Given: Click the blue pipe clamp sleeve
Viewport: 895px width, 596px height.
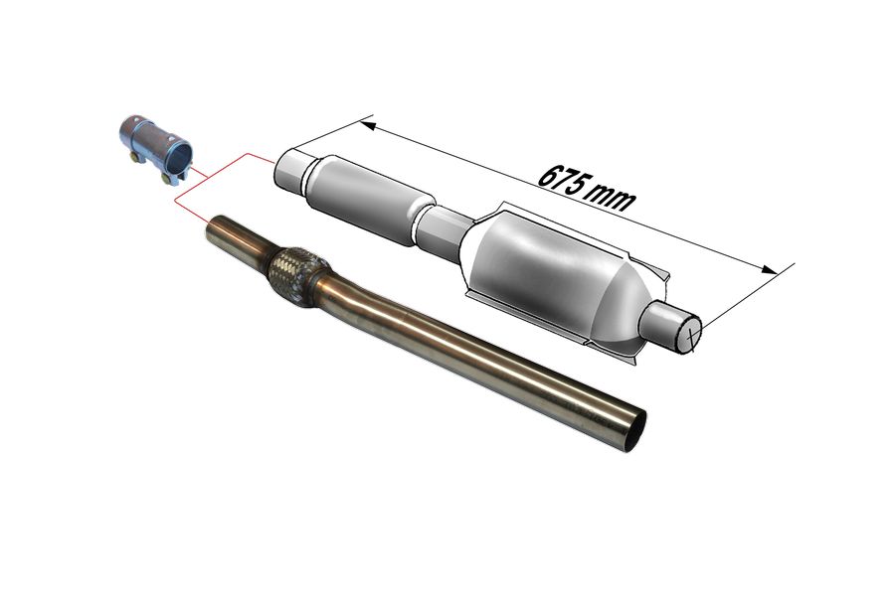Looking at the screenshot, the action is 154,148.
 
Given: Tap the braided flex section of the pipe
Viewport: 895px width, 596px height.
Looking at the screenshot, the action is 296,276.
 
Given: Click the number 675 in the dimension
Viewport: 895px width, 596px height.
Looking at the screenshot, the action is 563,180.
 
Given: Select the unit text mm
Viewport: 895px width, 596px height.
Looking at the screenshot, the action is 613,198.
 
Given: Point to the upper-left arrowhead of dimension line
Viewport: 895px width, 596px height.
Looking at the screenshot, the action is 368,124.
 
